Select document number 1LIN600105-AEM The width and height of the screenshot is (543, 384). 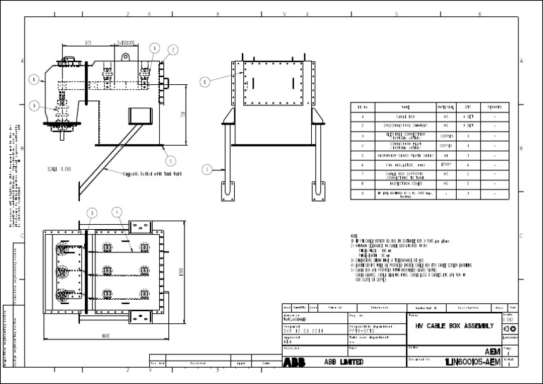[472, 362]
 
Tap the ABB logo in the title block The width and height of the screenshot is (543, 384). [291, 362]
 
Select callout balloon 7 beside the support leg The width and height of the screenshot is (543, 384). [206, 169]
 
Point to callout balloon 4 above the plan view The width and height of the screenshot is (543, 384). [116, 212]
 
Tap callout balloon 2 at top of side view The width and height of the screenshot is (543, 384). [172, 50]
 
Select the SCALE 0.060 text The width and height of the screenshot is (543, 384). [59, 170]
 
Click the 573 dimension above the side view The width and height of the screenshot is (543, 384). [88, 43]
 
